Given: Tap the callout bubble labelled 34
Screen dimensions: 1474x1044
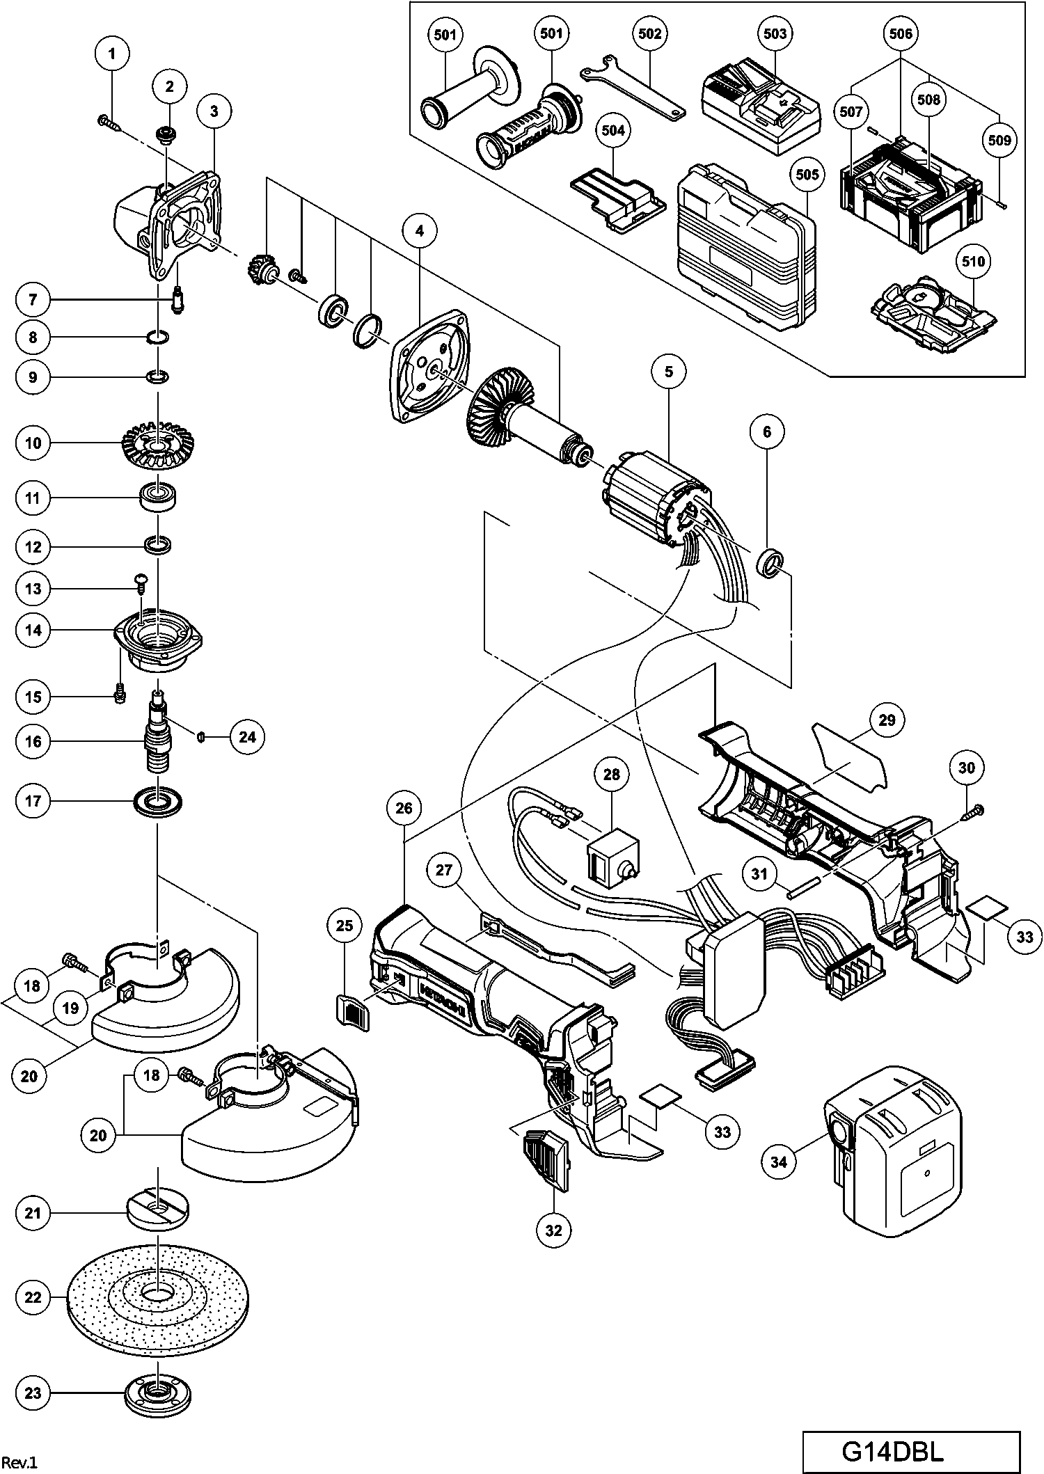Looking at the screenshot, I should (x=779, y=1162).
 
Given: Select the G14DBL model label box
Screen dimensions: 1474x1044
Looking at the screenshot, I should (x=911, y=1451).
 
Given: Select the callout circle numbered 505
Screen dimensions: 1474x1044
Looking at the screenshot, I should (x=807, y=174).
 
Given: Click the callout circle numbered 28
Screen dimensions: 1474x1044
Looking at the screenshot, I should (x=611, y=775).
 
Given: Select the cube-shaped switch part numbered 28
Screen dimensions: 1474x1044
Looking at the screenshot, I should (x=612, y=859).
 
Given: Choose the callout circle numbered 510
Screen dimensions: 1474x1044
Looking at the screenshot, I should (x=974, y=262).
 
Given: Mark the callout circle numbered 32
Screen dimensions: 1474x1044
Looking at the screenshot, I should (x=553, y=1230).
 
